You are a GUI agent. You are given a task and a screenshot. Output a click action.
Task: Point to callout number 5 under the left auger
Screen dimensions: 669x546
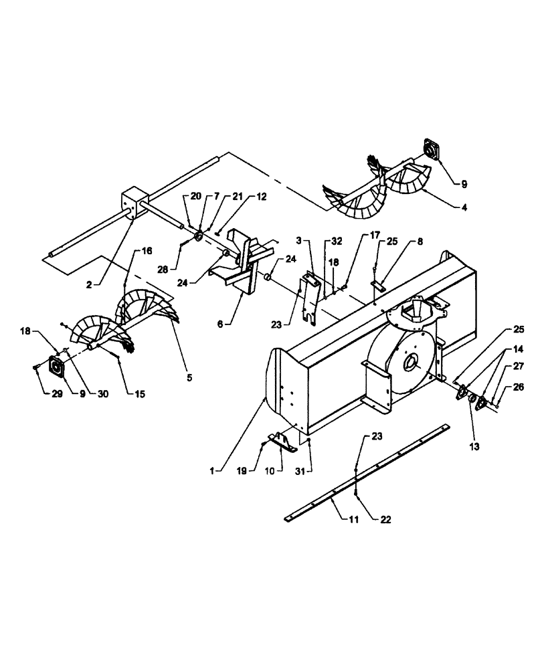[189, 377]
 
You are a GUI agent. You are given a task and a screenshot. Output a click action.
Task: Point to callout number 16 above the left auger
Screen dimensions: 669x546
[147, 251]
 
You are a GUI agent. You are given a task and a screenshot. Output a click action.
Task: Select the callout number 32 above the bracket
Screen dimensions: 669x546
[336, 239]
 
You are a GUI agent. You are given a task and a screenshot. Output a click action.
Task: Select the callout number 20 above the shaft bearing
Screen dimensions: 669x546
[195, 196]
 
